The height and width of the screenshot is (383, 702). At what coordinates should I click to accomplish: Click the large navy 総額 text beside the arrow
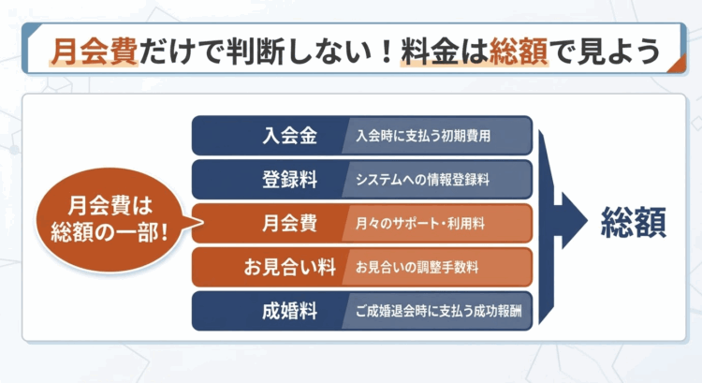coord(634,222)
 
